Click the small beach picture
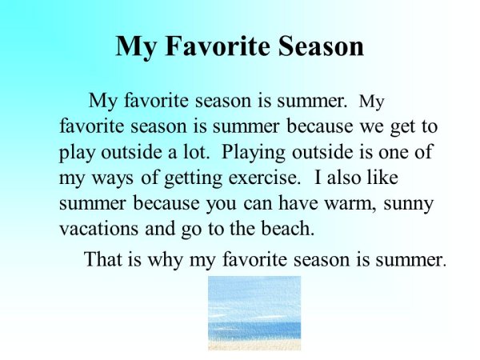point(254,313)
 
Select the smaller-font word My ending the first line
point(373,102)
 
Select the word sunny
point(406,203)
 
